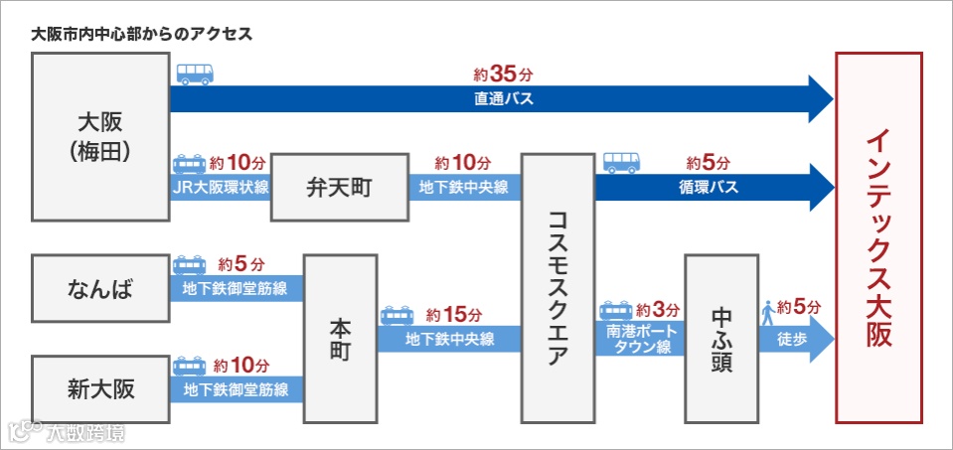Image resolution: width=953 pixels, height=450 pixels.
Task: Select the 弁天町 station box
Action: tap(340, 188)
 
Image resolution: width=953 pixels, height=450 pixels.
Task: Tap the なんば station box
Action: tap(101, 290)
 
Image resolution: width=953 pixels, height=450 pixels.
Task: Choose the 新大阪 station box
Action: tap(101, 386)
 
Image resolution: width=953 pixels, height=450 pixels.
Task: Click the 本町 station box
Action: tap(341, 339)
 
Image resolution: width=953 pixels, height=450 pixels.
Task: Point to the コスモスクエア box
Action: tap(556, 288)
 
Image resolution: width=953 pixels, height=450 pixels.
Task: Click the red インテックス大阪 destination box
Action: tap(877, 238)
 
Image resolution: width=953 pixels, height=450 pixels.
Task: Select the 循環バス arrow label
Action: tap(709, 187)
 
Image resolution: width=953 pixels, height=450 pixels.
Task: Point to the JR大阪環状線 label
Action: tap(220, 188)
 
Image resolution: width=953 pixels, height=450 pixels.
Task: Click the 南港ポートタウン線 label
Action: tap(638, 339)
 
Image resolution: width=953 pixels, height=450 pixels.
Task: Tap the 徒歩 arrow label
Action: tap(787, 339)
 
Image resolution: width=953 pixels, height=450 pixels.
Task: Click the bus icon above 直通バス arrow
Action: tap(195, 74)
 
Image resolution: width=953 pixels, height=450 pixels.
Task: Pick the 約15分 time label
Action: tap(446, 314)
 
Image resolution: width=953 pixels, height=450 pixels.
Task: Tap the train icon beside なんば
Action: tap(190, 266)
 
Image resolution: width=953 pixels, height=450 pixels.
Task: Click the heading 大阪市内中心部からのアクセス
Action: tap(141, 34)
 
